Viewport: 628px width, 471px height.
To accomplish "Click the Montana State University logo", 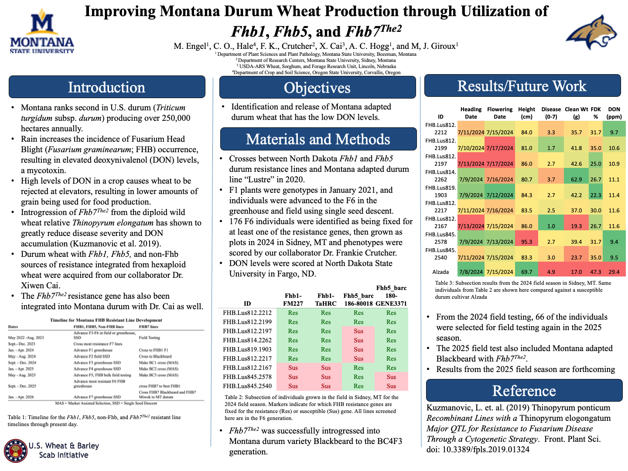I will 42,33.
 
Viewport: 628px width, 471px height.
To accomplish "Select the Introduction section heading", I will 107,87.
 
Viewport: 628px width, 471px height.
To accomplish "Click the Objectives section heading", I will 317,88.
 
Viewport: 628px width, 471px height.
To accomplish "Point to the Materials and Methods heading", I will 318,139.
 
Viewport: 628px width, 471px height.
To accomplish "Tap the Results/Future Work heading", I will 522,86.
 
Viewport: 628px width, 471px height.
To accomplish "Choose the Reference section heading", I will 524,391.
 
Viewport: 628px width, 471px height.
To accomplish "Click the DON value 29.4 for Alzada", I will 614,272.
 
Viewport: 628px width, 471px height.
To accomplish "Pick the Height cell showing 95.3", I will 526,242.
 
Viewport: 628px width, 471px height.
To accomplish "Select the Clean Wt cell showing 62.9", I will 576,179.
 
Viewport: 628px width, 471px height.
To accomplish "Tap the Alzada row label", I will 440,272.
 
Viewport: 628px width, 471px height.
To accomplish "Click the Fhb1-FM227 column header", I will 293,300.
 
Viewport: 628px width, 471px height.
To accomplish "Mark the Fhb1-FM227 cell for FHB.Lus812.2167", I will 293,368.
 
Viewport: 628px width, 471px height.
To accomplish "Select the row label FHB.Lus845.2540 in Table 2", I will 247,386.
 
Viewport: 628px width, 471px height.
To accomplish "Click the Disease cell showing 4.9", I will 551,272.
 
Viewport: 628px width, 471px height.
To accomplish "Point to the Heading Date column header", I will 471,113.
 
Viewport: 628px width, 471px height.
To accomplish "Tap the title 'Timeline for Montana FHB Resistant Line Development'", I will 106,320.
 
